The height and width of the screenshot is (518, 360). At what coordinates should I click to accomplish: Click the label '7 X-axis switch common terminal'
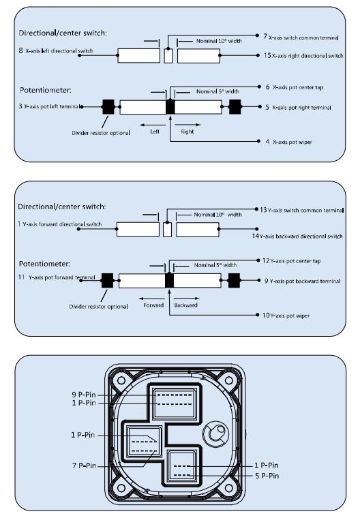point(301,37)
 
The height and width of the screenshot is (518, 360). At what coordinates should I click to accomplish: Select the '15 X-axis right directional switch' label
point(303,55)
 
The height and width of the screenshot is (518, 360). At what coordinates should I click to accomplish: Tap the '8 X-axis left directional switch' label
point(56,50)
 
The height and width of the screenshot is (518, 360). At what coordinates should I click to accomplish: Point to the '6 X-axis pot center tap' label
point(295,87)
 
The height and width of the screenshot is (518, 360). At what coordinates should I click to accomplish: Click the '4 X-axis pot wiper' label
point(288,142)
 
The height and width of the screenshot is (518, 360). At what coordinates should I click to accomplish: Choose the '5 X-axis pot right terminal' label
point(298,108)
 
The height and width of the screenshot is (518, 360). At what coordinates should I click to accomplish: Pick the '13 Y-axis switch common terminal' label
point(301,210)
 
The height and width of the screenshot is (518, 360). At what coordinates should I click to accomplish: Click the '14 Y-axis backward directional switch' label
point(297,236)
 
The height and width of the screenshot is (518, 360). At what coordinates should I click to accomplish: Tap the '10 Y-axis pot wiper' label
point(286,316)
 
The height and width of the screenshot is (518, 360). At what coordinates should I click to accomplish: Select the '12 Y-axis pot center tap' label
point(291,260)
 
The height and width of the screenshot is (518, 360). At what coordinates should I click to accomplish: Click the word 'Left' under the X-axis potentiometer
point(155,132)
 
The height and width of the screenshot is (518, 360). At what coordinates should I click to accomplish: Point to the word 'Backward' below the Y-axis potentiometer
point(185,305)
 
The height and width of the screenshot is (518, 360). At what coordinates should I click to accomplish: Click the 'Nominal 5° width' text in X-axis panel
point(217,91)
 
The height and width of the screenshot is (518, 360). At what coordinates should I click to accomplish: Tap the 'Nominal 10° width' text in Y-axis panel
point(217,215)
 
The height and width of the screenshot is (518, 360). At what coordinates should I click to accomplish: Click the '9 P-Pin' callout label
point(84,395)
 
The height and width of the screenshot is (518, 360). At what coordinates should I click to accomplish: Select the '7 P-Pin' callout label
point(84,466)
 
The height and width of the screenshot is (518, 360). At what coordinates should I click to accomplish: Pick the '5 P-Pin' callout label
point(267,476)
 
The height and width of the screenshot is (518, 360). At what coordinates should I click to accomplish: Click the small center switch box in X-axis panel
point(168,56)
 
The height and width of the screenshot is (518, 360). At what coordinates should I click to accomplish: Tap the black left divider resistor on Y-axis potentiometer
point(107,281)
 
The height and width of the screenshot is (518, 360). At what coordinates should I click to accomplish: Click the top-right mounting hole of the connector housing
point(229,380)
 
